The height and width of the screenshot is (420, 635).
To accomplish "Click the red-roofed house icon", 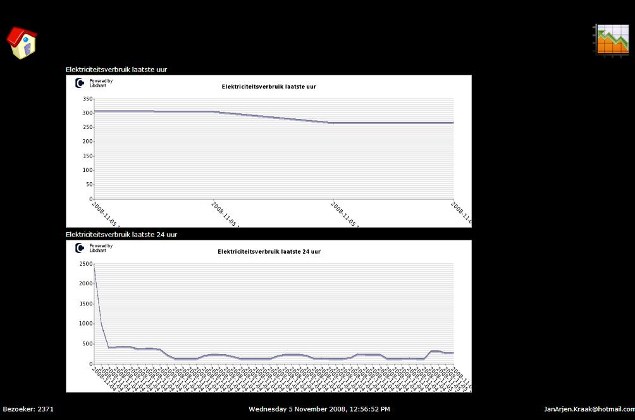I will (22, 42).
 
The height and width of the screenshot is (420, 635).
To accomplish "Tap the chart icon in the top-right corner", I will (612, 40).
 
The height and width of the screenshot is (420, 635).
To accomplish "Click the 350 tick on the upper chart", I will (87, 99).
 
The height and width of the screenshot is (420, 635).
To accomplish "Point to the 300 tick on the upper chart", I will (87, 113).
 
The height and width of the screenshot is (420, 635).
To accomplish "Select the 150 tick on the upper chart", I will (87, 156).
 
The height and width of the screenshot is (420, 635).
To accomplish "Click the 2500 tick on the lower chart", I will (85, 263).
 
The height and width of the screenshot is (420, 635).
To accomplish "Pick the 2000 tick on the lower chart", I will (85, 283).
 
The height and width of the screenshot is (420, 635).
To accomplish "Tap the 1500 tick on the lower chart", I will (85, 304).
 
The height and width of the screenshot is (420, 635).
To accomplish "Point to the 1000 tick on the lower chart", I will (85, 323).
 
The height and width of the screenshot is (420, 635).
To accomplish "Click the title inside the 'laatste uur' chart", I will (269, 87).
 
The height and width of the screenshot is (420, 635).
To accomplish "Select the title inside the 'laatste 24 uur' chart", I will (269, 252).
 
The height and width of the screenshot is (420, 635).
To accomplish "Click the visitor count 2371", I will (46, 409).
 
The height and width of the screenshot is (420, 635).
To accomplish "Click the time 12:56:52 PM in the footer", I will (366, 409).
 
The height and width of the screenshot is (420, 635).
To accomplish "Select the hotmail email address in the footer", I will (589, 409).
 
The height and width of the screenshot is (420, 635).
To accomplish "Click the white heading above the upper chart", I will (116, 70).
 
